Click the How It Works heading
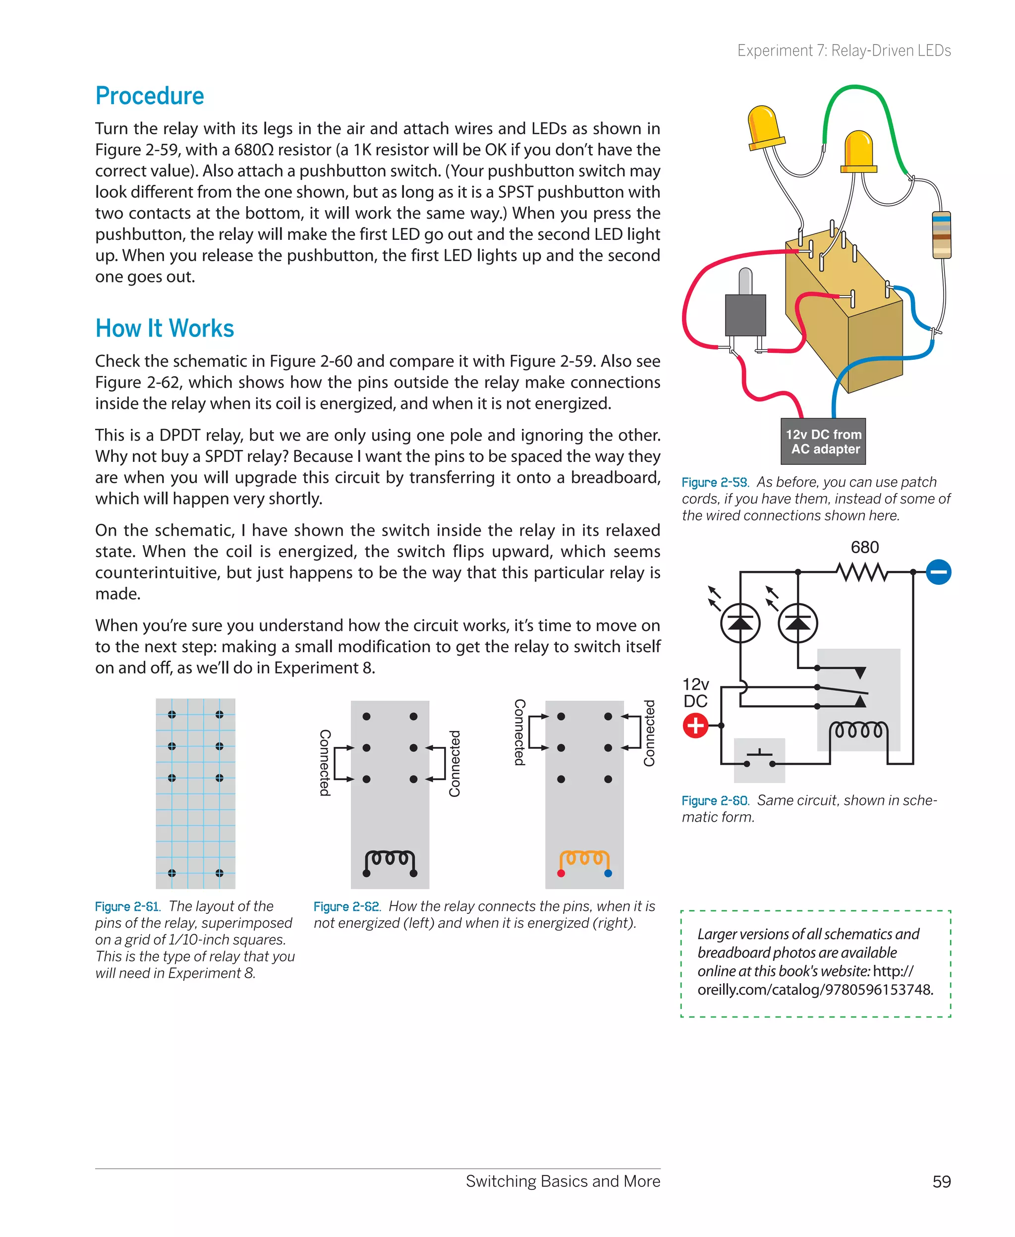(165, 329)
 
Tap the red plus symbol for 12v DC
(695, 726)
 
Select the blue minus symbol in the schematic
(938, 572)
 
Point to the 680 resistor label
(864, 547)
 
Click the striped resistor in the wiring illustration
(941, 234)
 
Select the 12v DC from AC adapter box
(823, 442)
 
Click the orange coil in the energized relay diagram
(584, 858)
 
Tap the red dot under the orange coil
(561, 873)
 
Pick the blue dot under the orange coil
(608, 873)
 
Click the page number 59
(941, 1181)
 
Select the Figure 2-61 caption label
(127, 907)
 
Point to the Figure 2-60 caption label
(715, 800)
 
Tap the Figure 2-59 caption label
(715, 482)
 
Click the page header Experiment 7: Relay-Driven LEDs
(844, 51)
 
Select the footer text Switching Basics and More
(563, 1181)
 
